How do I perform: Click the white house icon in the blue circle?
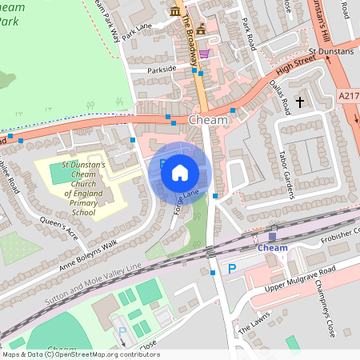(180, 172)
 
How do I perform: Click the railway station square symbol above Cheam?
(272, 235)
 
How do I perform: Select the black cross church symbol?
(301, 102)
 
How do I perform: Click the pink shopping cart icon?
(205, 54)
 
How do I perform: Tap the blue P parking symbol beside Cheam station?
(232, 269)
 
